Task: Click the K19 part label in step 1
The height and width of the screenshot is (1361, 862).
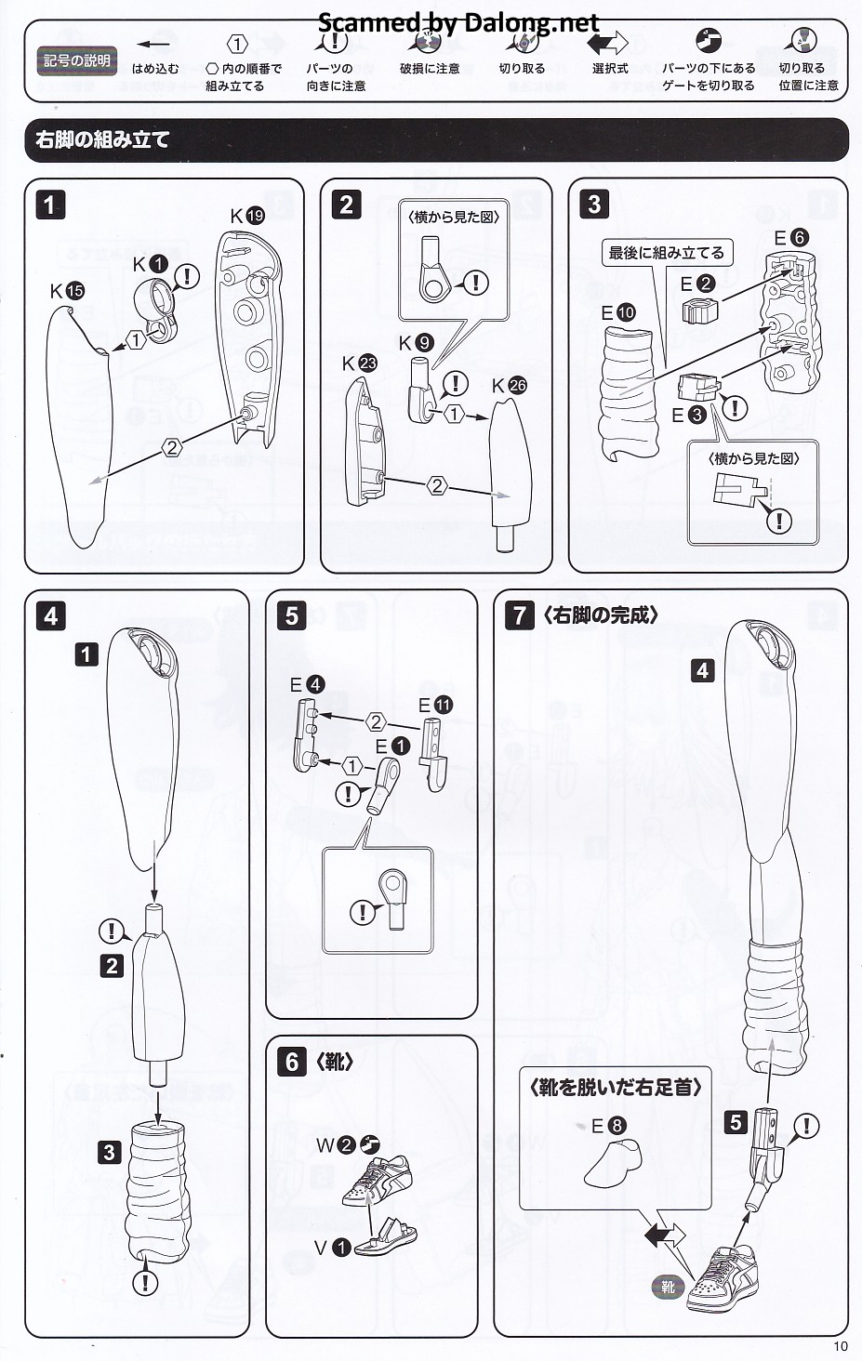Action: point(247,216)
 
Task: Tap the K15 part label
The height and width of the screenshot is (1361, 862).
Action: point(67,291)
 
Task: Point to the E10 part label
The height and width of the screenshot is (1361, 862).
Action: point(618,312)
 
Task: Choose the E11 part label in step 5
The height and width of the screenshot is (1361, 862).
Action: point(434,706)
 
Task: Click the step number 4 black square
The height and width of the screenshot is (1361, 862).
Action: point(50,615)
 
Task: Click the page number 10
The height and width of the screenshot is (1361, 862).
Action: point(841,1345)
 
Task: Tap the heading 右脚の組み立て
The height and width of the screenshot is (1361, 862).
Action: point(102,140)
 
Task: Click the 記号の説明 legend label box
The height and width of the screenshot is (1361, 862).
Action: point(77,61)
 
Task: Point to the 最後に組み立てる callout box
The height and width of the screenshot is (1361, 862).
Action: point(666,253)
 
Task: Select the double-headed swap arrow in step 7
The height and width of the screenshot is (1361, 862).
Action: point(664,1235)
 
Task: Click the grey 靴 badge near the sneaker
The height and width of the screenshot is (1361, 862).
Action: point(668,1288)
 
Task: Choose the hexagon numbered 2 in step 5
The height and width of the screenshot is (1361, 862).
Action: point(376,722)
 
